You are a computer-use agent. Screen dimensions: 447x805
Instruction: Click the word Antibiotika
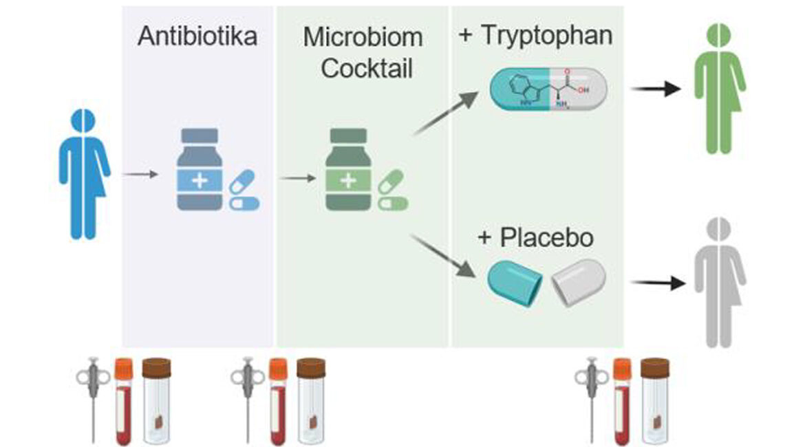[x=197, y=36]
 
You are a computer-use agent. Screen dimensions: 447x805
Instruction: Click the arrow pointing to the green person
[x=656, y=89]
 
